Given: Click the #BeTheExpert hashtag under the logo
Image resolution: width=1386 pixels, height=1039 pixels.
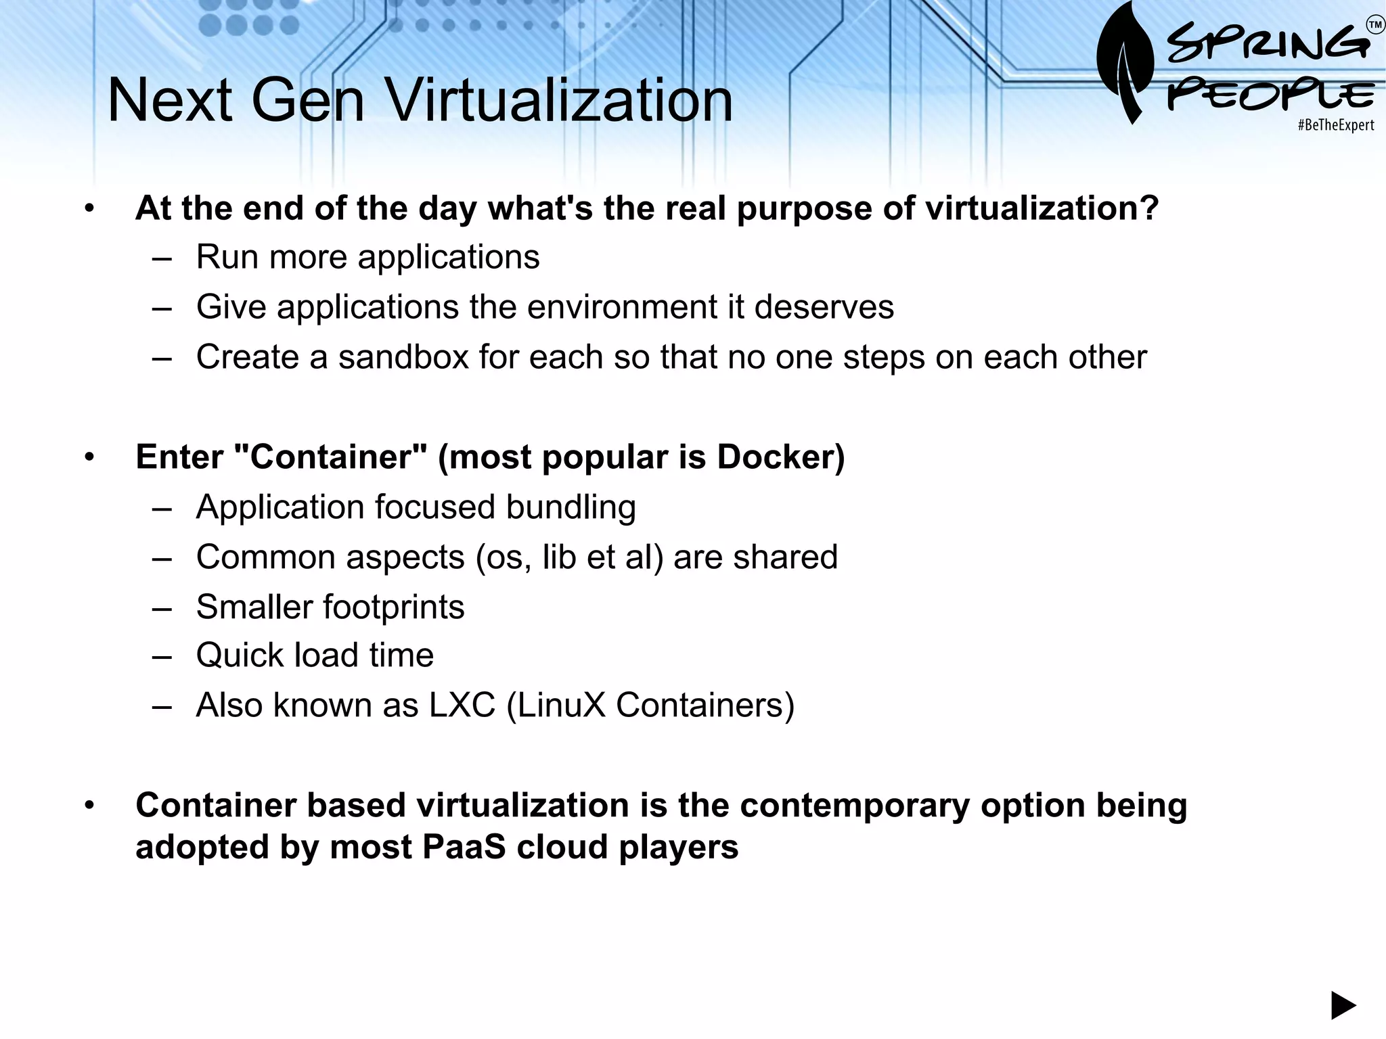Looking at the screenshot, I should pyautogui.click(x=1335, y=125).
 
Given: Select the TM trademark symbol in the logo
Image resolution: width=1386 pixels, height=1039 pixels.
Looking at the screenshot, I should pyautogui.click(x=1375, y=26).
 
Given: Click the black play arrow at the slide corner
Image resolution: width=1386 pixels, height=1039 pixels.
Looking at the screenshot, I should pyautogui.click(x=1343, y=1005).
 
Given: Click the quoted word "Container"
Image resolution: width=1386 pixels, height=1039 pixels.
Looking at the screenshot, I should pyautogui.click(x=330, y=457).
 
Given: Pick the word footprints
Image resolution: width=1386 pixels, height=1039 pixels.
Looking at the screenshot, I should pyautogui.click(x=397, y=607).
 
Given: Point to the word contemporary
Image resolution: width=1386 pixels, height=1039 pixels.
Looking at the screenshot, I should pyautogui.click(x=855, y=806).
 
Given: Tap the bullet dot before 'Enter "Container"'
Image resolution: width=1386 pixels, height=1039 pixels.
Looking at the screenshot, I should pyautogui.click(x=89, y=458).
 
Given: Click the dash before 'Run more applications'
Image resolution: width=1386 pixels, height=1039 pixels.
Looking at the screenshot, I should pyautogui.click(x=162, y=258).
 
